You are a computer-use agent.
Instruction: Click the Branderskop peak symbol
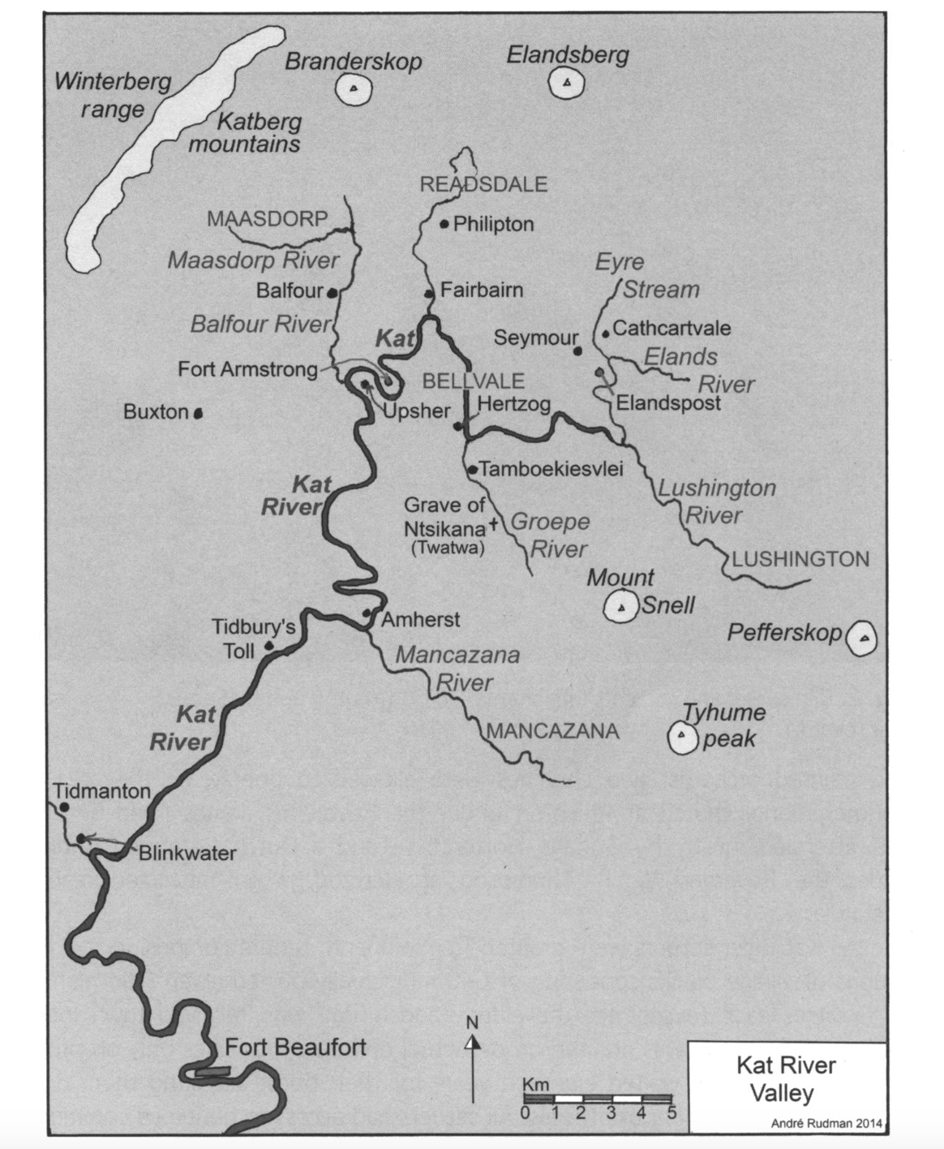(353, 88)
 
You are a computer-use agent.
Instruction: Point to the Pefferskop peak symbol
(864, 639)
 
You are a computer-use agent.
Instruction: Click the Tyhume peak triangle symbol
(682, 737)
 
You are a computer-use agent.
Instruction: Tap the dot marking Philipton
(444, 224)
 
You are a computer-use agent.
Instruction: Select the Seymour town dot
(577, 351)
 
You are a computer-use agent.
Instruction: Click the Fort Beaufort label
(295, 1047)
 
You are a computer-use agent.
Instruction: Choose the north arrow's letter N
(473, 1022)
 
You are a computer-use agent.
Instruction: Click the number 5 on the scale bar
(672, 1112)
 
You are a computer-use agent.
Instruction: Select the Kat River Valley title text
(785, 1078)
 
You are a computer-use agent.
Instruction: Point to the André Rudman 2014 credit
(827, 1123)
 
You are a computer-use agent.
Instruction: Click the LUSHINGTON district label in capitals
(800, 559)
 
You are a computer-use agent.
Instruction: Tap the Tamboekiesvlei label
(551, 469)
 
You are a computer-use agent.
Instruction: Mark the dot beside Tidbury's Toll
(269, 647)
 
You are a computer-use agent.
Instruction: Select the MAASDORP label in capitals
(267, 218)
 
